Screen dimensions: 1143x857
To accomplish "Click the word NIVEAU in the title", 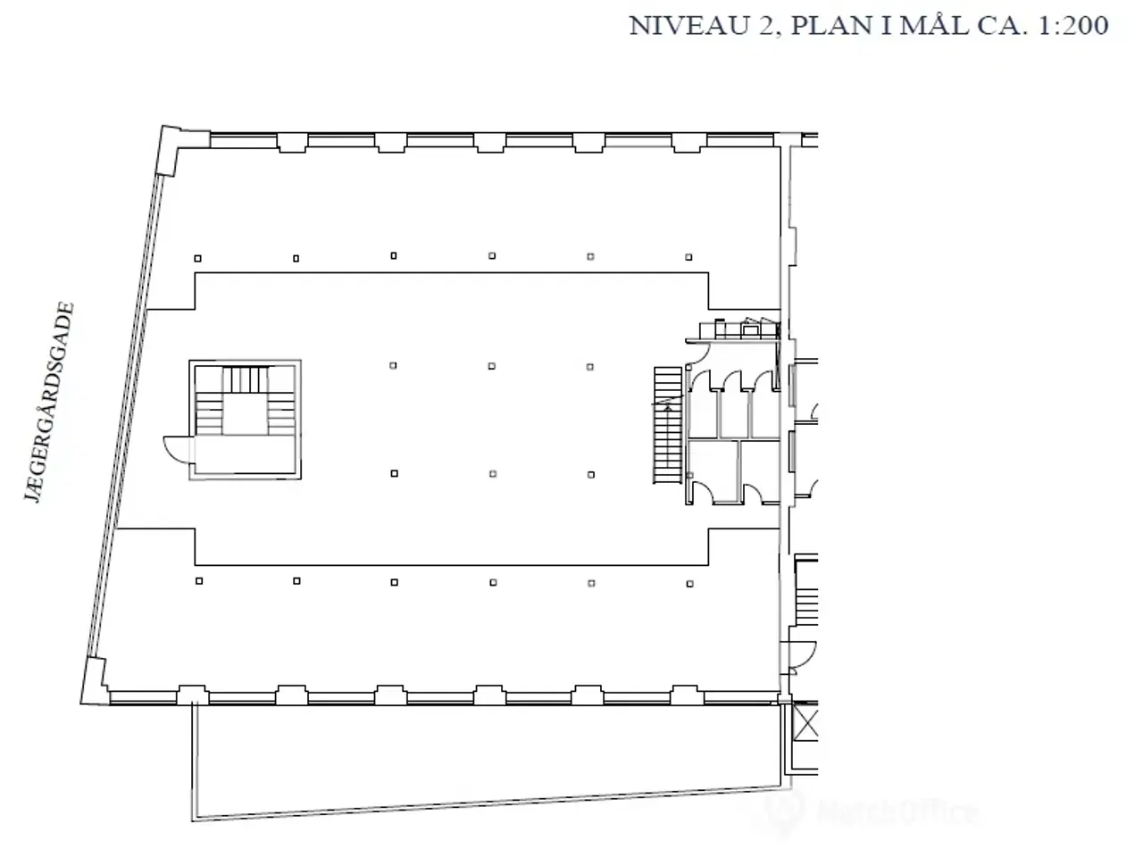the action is point(688,26).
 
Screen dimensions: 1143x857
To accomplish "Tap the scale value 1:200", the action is point(1072,26).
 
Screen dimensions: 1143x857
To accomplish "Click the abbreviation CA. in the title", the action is point(1003,26).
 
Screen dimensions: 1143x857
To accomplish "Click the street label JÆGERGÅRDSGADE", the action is point(50,402).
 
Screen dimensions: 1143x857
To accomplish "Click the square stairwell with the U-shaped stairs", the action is point(245,420).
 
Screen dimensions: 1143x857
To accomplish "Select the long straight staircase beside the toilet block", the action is point(668,425).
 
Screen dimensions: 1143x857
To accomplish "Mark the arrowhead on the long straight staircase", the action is point(668,409).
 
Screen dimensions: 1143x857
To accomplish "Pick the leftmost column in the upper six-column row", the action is point(198,258).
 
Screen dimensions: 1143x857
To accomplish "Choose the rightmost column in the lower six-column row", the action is point(690,584).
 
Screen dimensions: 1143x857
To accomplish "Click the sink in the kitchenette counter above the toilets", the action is point(750,330).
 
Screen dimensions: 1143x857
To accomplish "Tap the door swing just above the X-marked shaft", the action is point(802,655).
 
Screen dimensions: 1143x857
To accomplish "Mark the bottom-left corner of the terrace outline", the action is point(193,821).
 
